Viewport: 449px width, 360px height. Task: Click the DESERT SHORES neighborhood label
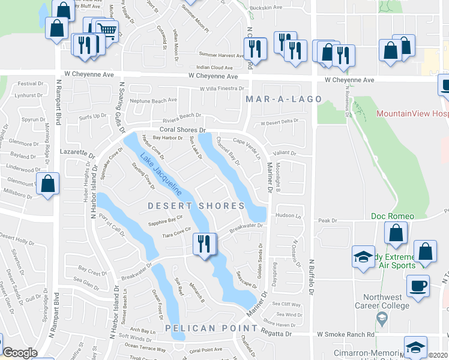point(196,206)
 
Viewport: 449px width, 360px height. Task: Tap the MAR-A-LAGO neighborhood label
point(283,98)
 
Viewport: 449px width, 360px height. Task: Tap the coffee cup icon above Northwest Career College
point(418,286)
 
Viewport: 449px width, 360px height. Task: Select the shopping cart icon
point(107,30)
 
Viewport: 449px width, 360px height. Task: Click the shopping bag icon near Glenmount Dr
point(48,184)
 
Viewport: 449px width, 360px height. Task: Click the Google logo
point(20,353)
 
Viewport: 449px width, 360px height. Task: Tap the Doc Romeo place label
point(393,216)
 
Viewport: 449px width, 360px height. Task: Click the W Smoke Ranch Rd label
point(345,334)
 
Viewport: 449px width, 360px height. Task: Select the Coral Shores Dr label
point(182,130)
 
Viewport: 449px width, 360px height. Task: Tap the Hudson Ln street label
point(288,215)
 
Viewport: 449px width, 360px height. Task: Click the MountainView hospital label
point(412,113)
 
